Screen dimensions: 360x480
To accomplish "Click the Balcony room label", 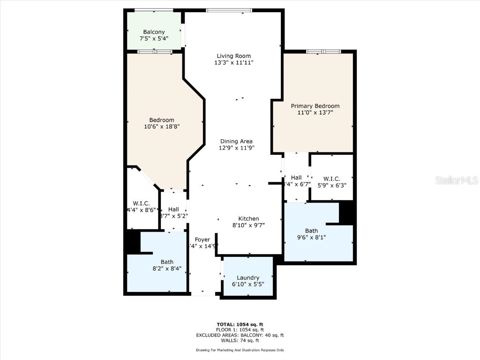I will tap(154, 32).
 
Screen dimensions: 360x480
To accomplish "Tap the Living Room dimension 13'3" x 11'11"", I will tap(234, 62).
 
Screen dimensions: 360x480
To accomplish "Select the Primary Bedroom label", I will tap(315, 106).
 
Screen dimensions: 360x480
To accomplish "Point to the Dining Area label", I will tap(236, 141).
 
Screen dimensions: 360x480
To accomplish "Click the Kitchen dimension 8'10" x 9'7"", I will tap(248, 225).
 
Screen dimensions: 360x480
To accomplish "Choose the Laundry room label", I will tap(248, 278).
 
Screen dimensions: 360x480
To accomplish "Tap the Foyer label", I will tap(202, 240).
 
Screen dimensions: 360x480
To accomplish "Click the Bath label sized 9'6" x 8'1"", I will tap(311, 231).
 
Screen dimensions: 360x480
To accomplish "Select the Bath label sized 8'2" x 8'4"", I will tap(167, 262).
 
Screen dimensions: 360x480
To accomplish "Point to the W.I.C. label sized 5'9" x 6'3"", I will tap(332, 179).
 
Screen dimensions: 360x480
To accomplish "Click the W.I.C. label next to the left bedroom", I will tap(141, 203).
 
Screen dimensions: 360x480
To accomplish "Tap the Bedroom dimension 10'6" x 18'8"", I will tap(162, 126).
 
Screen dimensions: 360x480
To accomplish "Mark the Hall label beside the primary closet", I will tap(296, 178).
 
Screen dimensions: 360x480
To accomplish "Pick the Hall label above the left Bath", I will tap(173, 210).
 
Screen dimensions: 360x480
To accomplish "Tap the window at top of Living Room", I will tap(229, 10).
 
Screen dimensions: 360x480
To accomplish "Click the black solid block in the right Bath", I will tap(346, 212).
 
